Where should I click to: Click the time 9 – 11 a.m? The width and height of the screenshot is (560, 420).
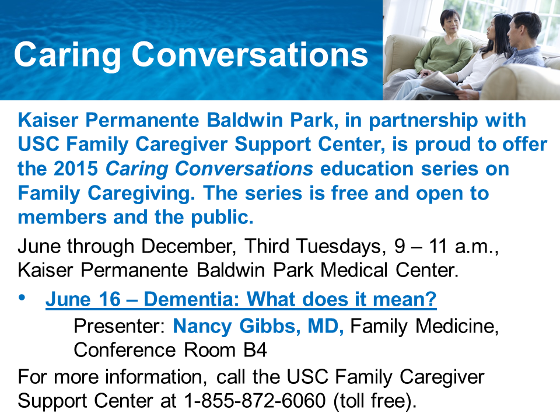(x=446, y=247)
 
